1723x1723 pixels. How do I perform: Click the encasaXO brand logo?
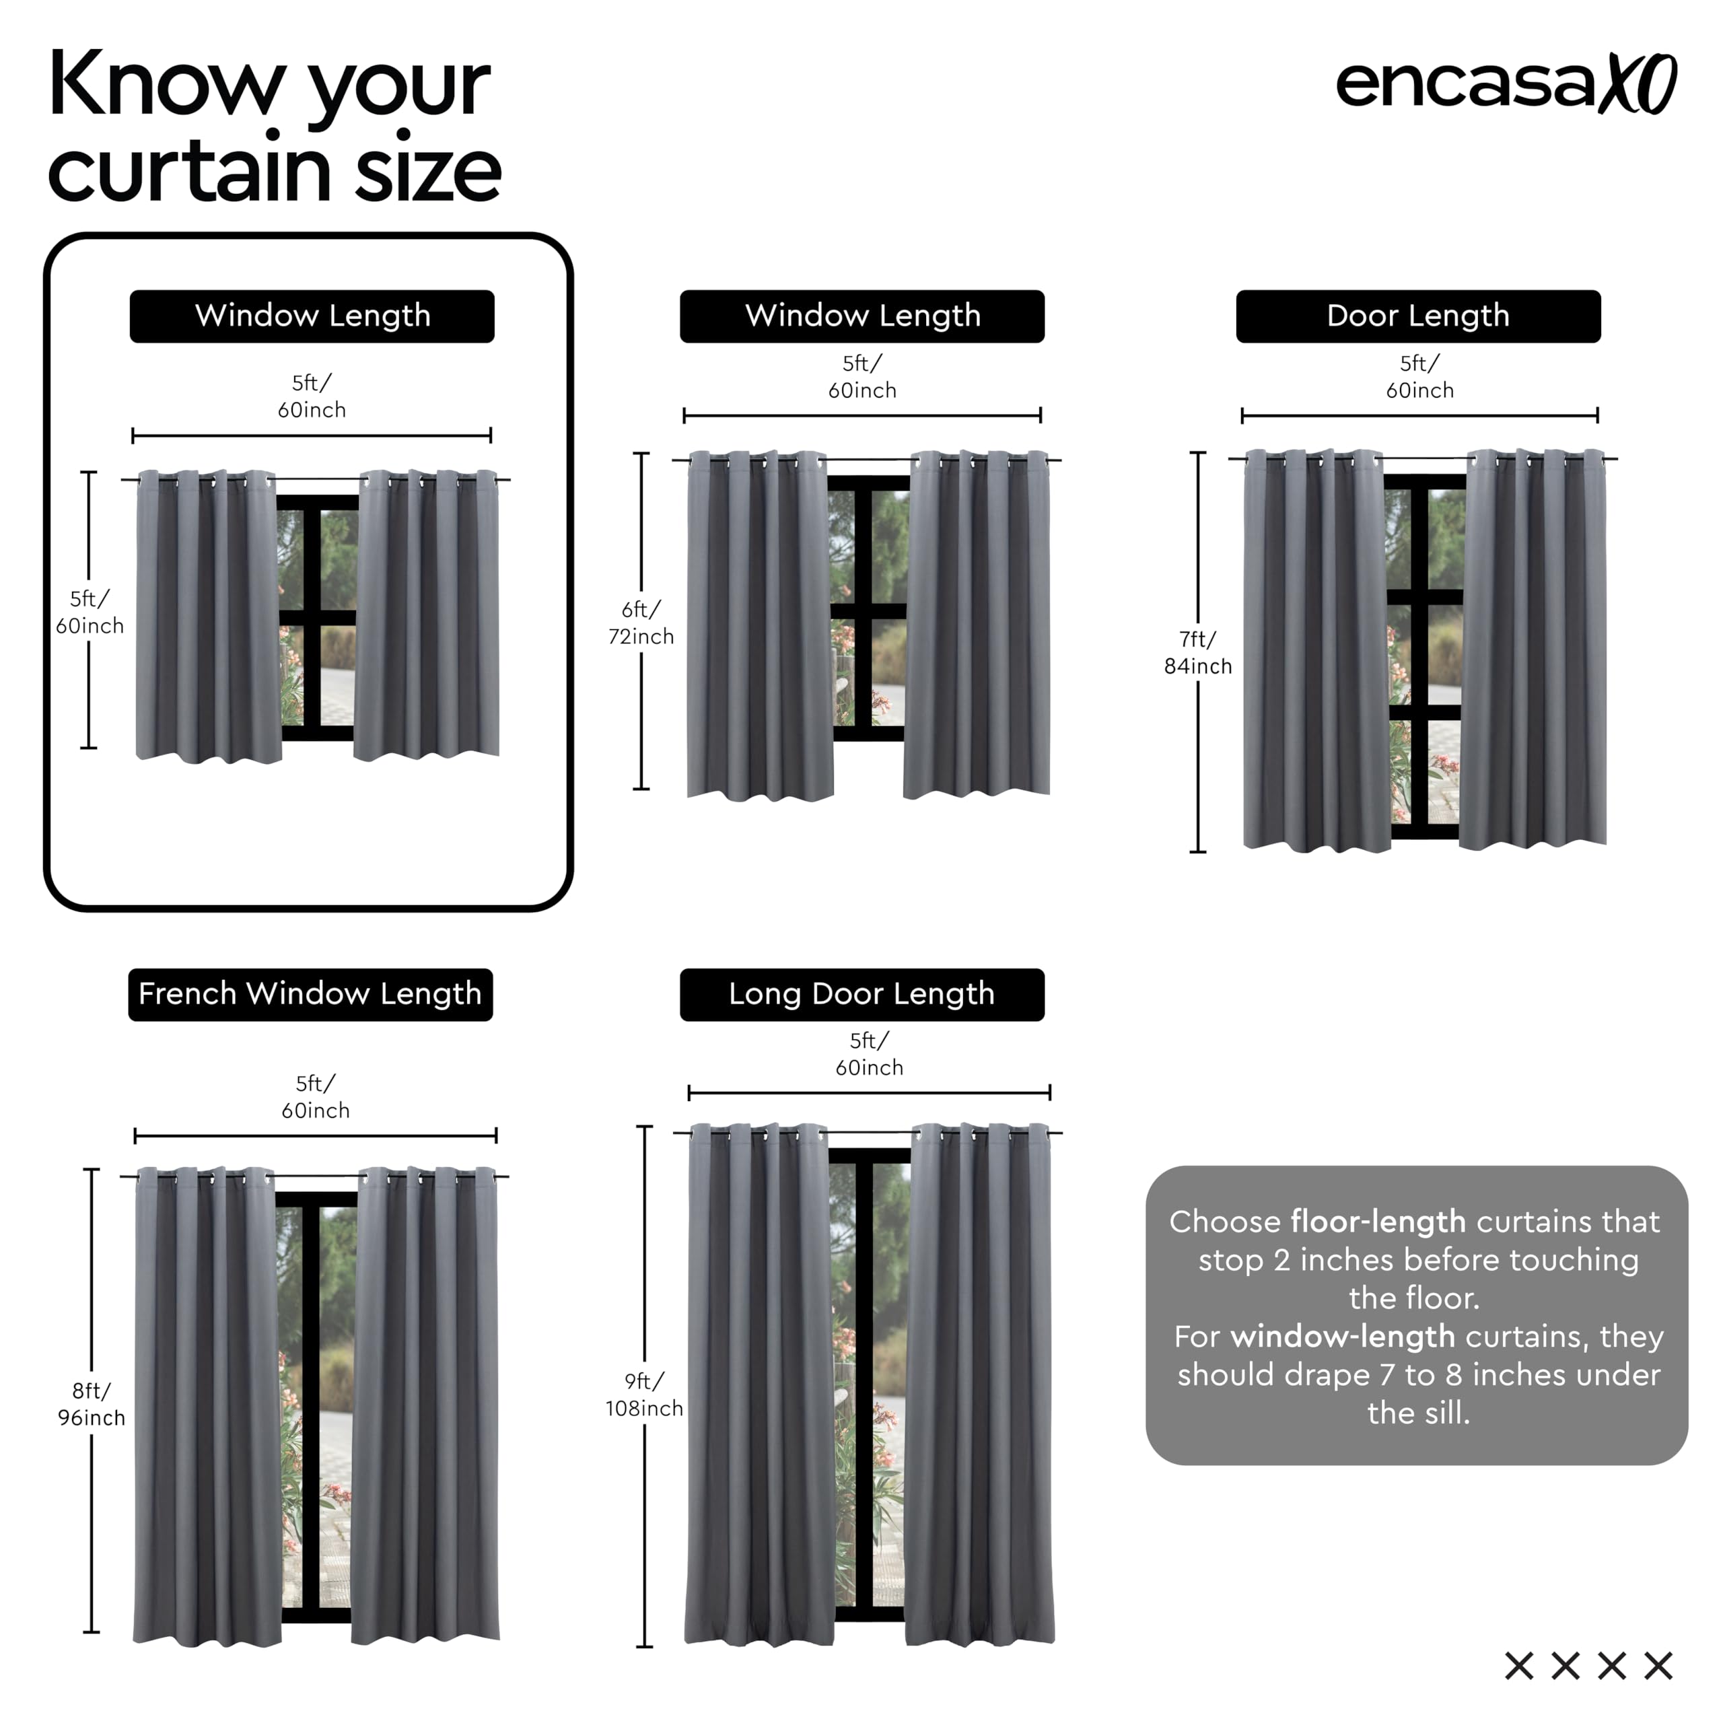click(1506, 85)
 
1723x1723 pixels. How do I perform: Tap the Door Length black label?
click(1418, 316)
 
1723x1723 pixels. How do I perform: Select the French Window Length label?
click(310, 994)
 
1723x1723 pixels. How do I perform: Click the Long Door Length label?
click(861, 994)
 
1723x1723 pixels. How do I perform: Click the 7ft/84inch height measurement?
click(1198, 652)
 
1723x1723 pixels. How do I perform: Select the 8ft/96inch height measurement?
click(91, 1404)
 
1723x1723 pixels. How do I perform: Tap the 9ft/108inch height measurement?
click(644, 1395)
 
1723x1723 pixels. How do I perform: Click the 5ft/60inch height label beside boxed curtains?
click(90, 612)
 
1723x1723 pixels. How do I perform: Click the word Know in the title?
click(165, 85)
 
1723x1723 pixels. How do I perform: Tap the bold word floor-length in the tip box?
click(1378, 1221)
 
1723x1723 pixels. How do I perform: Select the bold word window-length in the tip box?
click(1342, 1336)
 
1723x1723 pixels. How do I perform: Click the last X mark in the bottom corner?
click(1658, 1665)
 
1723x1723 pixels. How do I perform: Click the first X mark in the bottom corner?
click(1519, 1665)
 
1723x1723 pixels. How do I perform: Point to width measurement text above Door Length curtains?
click(1419, 376)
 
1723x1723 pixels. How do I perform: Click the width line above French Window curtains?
click(315, 1135)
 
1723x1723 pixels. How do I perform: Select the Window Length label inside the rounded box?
click(312, 316)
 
